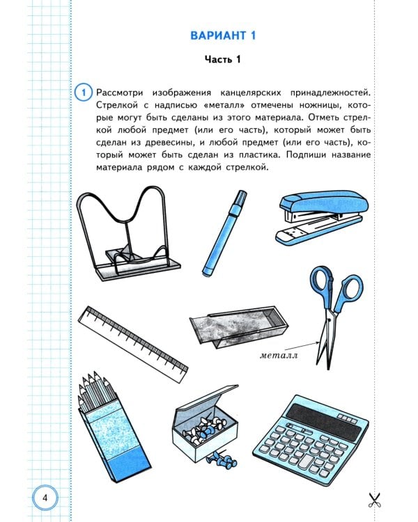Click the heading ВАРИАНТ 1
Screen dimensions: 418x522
click(x=223, y=35)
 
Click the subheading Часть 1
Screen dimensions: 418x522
click(x=223, y=60)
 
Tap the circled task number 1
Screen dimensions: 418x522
click(x=84, y=92)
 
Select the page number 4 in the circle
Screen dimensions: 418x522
click(x=45, y=498)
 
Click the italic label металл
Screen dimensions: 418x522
click(x=279, y=355)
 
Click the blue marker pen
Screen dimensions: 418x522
click(x=224, y=233)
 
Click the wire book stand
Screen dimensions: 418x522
click(x=128, y=233)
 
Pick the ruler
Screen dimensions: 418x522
click(x=132, y=345)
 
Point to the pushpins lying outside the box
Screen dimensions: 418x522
click(x=221, y=459)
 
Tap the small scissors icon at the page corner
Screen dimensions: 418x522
click(x=374, y=500)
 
